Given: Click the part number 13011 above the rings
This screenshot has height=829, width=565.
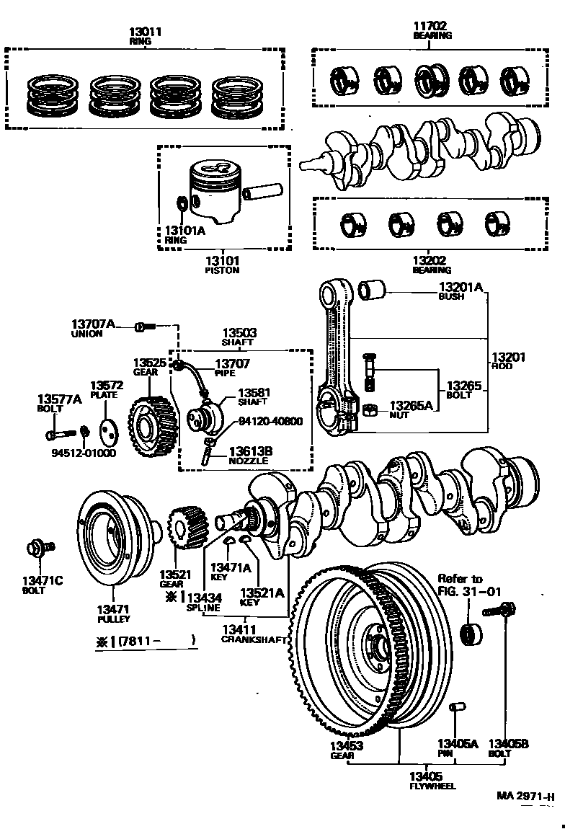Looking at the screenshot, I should tap(146, 32).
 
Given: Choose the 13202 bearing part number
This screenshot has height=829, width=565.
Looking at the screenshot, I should tap(431, 260).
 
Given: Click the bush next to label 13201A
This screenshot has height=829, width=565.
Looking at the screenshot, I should tap(373, 290).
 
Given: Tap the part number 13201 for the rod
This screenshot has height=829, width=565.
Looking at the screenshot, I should tap(508, 357).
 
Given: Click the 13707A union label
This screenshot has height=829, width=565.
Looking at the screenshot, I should tap(93, 325).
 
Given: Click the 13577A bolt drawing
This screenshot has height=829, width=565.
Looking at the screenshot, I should tap(59, 435).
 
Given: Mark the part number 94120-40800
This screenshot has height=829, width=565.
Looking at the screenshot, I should tap(272, 422).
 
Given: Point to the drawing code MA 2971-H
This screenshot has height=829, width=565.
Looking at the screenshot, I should tap(525, 797).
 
